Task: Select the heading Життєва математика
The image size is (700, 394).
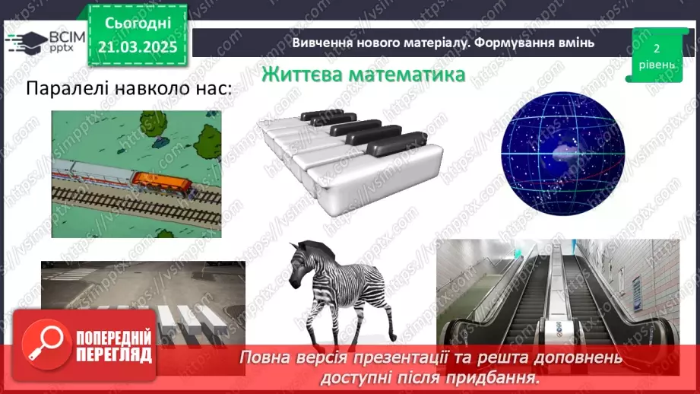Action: tap(363, 76)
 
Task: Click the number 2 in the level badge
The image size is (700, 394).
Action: tap(654, 48)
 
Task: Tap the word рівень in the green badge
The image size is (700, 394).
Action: tap(654, 65)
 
